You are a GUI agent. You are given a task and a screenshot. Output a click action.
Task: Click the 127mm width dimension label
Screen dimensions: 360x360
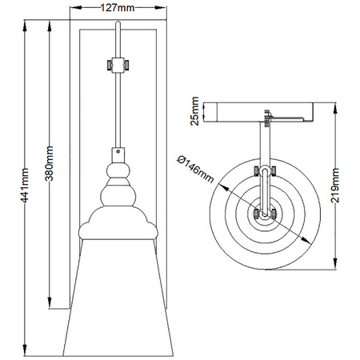pos(118,8)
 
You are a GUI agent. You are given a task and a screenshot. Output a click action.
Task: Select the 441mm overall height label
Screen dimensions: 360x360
pos(25,186)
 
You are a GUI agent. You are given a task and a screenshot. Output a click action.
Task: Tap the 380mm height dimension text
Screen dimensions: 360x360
pos(49,163)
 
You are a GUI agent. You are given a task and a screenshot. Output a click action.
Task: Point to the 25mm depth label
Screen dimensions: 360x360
pos(195,111)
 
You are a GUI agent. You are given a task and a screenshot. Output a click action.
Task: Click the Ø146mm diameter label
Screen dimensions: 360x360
pos(195,170)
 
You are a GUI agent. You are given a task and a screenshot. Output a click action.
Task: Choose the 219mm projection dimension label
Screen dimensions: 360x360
pos(335,186)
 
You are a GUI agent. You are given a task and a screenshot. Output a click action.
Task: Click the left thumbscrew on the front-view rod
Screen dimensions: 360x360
pos(110,65)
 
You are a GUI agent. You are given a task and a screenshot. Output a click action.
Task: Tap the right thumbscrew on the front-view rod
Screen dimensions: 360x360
pos(126,65)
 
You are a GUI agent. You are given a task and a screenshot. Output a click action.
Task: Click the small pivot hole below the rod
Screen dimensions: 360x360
pos(118,151)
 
